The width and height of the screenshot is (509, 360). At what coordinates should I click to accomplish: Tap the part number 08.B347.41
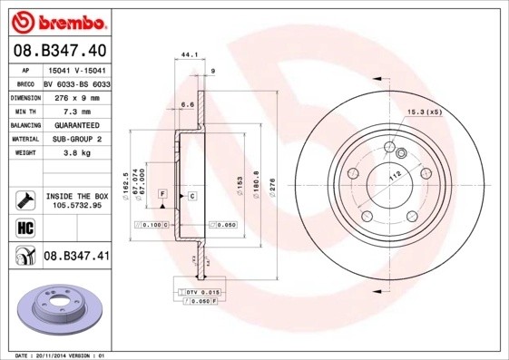coord(76,257)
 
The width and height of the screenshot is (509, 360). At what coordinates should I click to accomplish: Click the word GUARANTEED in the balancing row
coord(76,124)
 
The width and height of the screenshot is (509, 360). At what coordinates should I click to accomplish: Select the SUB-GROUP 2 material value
coord(76,139)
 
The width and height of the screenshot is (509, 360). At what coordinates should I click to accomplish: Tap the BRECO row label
coord(24,83)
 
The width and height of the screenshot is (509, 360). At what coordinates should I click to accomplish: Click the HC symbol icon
coord(24,228)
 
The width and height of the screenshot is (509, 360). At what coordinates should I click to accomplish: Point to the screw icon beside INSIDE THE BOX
coord(24,199)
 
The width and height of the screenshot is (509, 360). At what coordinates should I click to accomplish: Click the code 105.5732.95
coord(76,206)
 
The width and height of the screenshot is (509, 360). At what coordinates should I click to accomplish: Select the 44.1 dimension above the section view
coord(189,55)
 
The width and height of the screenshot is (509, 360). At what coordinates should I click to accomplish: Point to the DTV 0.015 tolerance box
coord(200,290)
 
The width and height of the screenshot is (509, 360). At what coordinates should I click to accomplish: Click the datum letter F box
coord(162,194)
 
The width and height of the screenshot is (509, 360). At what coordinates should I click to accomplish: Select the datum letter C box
coord(192,195)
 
